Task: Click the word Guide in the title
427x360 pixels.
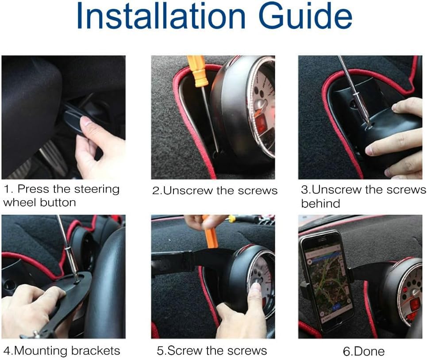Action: click(305, 17)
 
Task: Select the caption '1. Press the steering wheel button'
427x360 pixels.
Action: click(62, 195)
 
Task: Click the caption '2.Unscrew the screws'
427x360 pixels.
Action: click(215, 191)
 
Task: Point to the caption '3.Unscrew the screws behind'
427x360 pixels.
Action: click(363, 196)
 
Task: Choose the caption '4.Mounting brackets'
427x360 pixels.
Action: click(61, 351)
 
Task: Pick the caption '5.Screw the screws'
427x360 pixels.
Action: click(212, 351)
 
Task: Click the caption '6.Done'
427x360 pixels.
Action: click(363, 352)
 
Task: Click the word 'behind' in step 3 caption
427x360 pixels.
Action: click(320, 203)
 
